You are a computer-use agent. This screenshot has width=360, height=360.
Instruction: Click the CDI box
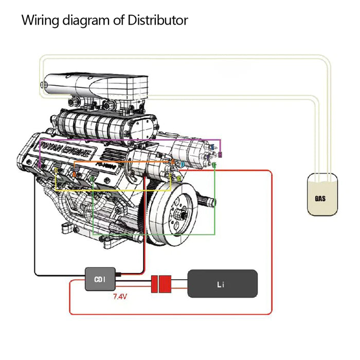[100, 280]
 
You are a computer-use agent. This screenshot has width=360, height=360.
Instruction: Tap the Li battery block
[222, 283]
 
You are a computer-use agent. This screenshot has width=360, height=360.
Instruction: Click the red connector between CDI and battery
[161, 284]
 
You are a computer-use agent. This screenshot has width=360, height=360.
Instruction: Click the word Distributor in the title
[157, 21]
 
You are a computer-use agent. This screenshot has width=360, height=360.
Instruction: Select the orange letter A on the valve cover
[74, 174]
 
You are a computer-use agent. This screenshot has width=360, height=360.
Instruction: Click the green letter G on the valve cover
[93, 178]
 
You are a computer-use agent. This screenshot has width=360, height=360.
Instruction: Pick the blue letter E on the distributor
[212, 148]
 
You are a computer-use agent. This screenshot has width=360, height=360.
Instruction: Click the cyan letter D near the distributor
[181, 164]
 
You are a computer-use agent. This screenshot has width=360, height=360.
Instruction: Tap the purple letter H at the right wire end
[220, 155]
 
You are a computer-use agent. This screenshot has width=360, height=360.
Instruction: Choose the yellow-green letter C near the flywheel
[179, 177]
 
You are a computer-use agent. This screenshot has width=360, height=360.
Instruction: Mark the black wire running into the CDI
[35, 231]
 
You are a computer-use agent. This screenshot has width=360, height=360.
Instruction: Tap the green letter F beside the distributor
[214, 165]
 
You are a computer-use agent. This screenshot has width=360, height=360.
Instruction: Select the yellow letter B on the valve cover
[56, 169]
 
